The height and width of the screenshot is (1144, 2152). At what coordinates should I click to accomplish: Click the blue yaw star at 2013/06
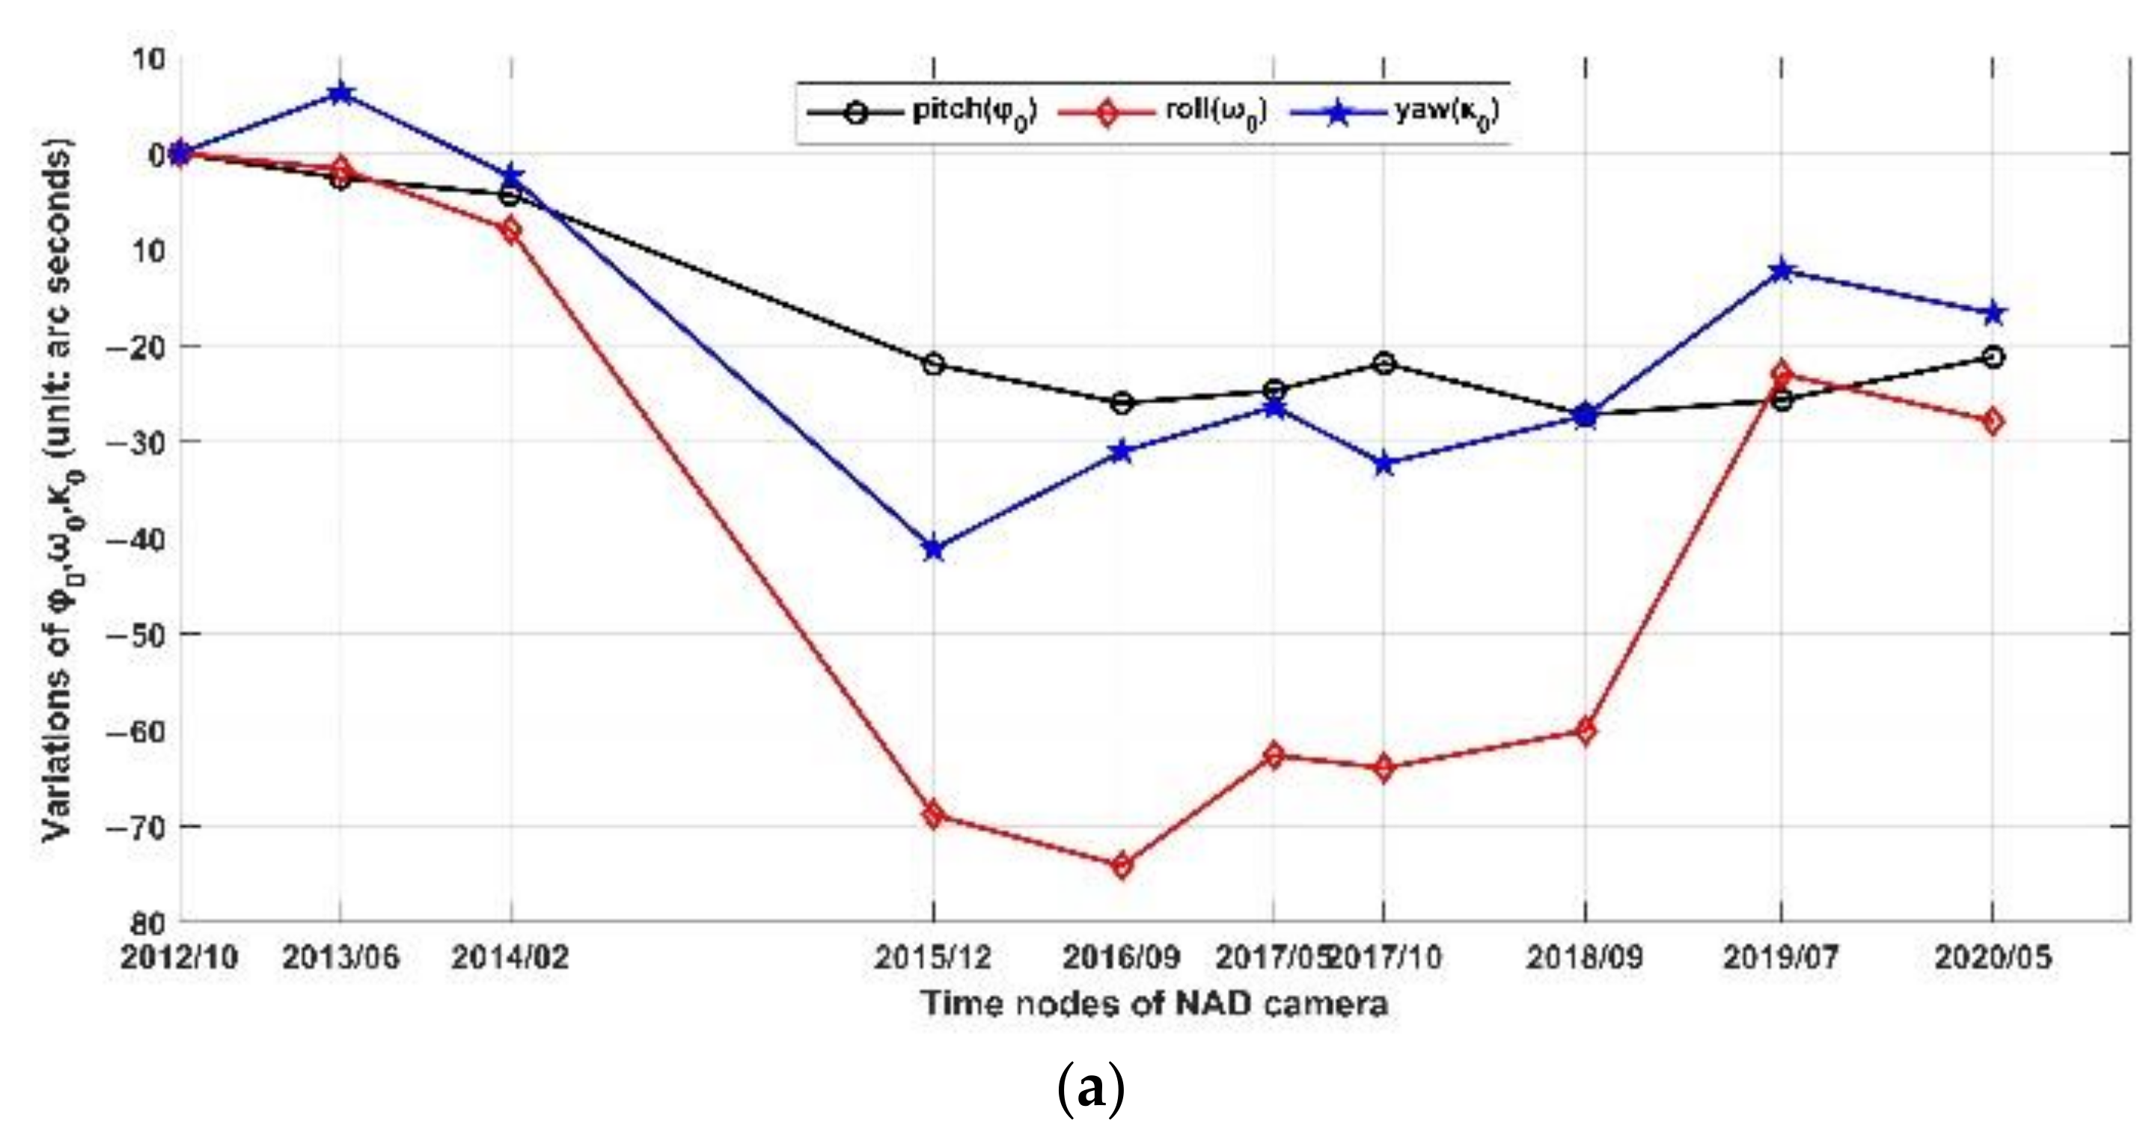point(340,94)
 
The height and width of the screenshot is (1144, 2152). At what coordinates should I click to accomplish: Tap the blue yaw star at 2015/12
point(934,550)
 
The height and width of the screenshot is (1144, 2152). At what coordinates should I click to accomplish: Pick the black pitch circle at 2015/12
point(934,364)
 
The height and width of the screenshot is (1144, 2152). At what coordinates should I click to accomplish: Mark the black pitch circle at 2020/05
point(1993,358)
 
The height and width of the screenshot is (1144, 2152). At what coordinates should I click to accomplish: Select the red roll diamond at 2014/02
point(510,230)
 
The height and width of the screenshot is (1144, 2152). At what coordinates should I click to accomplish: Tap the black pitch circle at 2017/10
point(1384,363)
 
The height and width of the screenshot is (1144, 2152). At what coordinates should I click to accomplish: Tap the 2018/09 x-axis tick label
point(1585,958)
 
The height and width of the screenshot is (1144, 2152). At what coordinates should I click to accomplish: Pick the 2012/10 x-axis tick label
point(180,958)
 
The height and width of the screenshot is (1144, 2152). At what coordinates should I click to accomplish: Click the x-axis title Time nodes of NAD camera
point(1155,1003)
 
